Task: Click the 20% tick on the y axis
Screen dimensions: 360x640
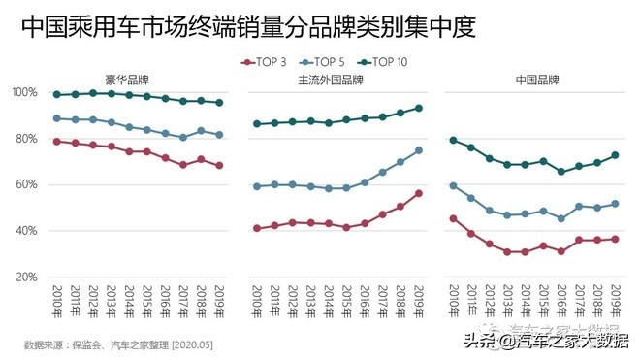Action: pyautogui.click(x=25, y=277)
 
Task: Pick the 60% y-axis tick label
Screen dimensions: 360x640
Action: pyautogui.click(x=25, y=184)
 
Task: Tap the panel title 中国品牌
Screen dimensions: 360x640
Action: pyautogui.click(x=536, y=80)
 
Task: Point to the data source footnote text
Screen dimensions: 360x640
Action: pyautogui.click(x=118, y=344)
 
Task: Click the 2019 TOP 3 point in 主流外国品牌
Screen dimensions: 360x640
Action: pyautogui.click(x=419, y=193)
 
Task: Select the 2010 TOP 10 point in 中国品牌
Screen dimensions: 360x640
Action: pyautogui.click(x=454, y=140)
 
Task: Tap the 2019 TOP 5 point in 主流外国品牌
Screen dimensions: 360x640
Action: pyautogui.click(x=419, y=150)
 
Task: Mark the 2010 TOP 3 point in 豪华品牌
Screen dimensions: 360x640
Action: pyautogui.click(x=57, y=141)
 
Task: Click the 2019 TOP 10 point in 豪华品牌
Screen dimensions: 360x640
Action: pyautogui.click(x=220, y=102)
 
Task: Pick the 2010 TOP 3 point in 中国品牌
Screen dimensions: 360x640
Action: pyautogui.click(x=454, y=218)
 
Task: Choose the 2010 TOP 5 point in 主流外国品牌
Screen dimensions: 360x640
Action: pyautogui.click(x=256, y=185)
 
